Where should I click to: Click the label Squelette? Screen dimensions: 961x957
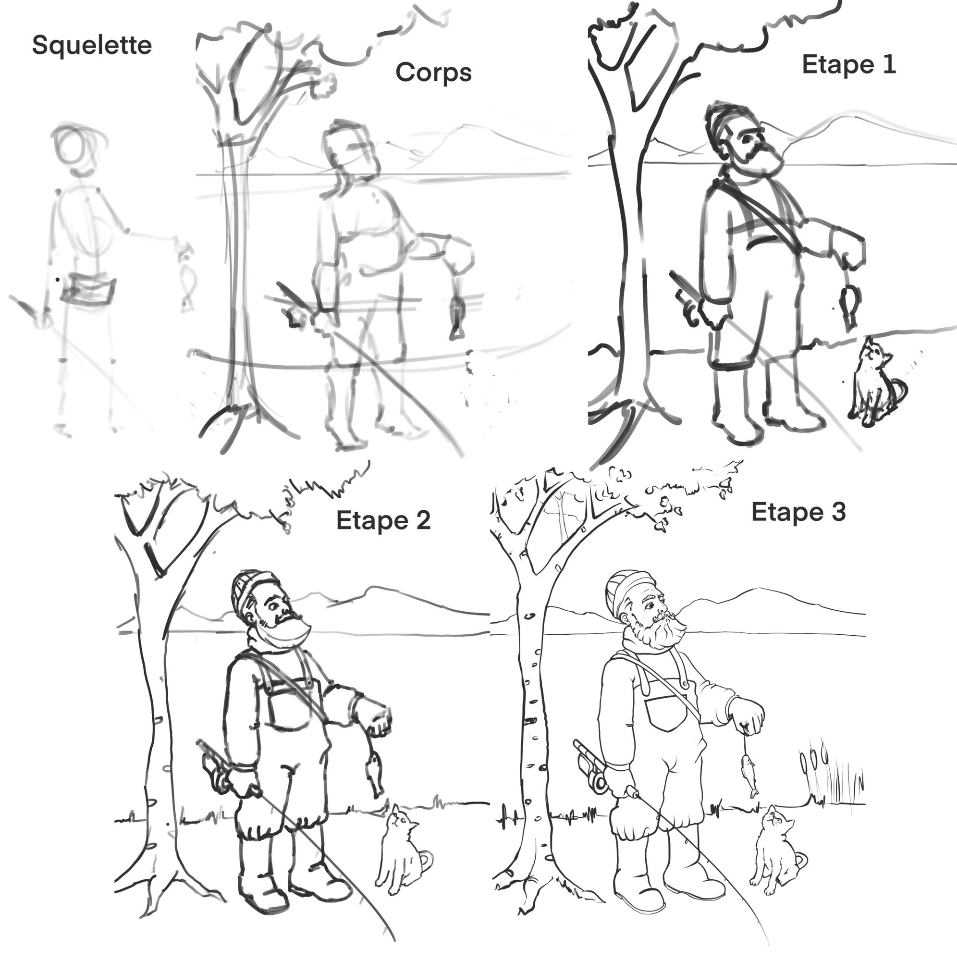click(x=92, y=46)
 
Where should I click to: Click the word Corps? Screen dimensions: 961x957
click(x=433, y=73)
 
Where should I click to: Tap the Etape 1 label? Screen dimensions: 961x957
click(x=848, y=65)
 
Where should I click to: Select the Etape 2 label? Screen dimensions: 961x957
click(x=383, y=521)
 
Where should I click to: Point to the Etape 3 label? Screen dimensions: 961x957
click(x=798, y=512)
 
